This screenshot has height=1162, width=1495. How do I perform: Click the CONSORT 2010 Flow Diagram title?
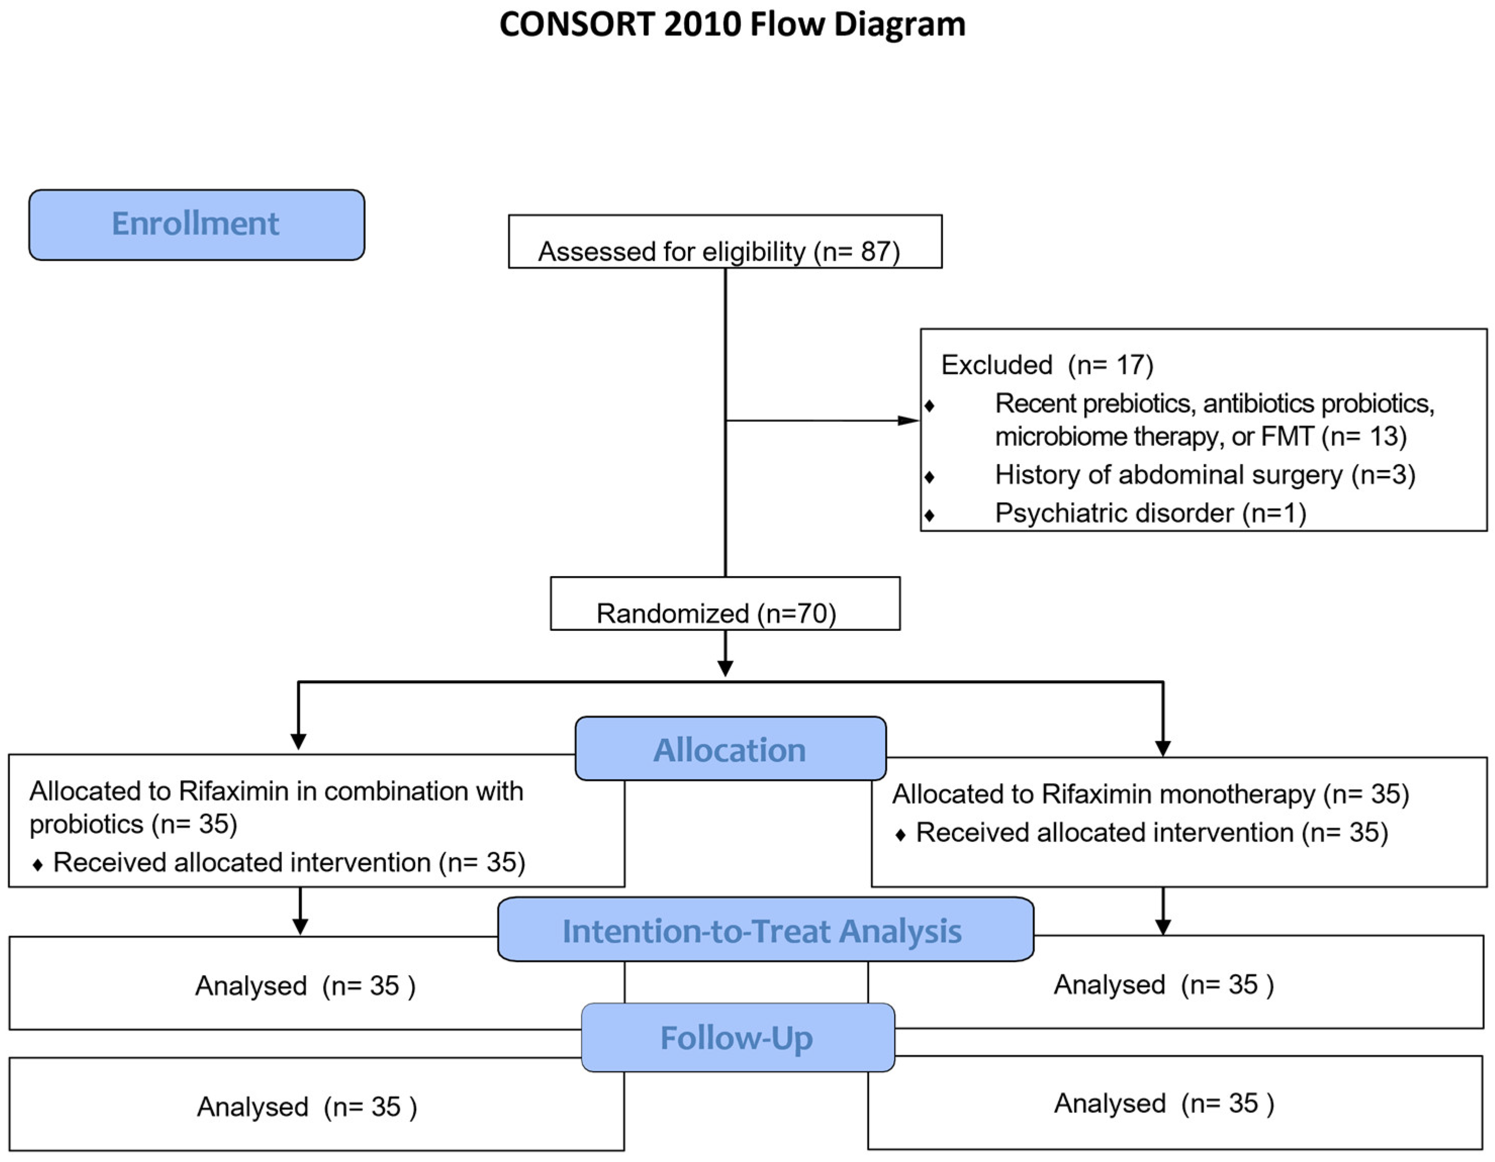[732, 25]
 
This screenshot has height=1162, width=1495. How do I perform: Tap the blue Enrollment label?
[196, 224]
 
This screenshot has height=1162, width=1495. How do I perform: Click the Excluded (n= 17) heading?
[1047, 365]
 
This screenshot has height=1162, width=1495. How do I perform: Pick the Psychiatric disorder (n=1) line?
[1150, 513]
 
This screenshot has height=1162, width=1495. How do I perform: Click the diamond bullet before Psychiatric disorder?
[929, 515]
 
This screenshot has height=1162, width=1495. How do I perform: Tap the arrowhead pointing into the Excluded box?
[908, 420]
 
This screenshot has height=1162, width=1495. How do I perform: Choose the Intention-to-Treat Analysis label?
[762, 931]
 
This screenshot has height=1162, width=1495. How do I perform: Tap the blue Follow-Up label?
[737, 1037]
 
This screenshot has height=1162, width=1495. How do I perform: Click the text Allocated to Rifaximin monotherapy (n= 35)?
[1150, 794]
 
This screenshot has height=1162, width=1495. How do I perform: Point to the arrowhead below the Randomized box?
[725, 668]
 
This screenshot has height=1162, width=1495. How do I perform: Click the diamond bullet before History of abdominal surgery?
[929, 476]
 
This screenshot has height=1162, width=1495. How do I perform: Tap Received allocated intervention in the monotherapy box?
[1104, 833]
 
